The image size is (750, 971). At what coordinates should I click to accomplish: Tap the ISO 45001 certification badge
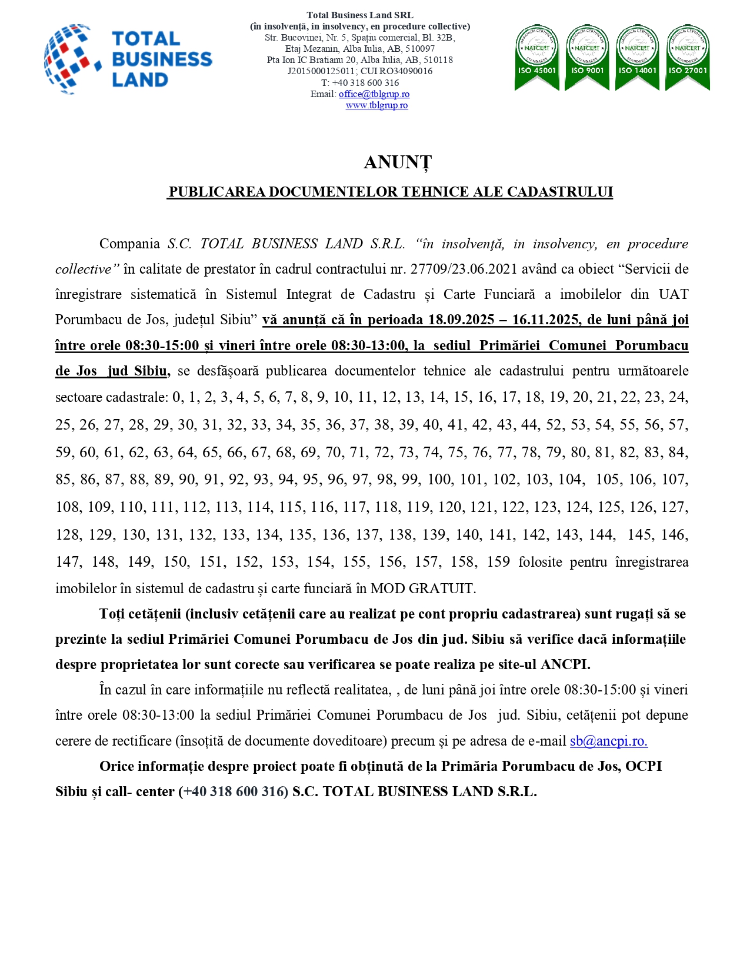click(x=536, y=58)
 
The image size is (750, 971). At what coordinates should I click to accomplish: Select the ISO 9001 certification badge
click(x=586, y=58)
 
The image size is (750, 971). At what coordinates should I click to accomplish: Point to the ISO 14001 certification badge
click(x=637, y=58)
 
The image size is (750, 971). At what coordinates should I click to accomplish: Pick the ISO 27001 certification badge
click(x=687, y=58)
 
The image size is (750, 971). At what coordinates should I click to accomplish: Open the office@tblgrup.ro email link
click(x=374, y=94)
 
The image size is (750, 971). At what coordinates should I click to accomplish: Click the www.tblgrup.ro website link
click(x=376, y=105)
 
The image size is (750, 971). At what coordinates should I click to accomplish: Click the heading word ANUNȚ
click(x=398, y=162)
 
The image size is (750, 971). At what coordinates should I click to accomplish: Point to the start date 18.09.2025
click(x=461, y=320)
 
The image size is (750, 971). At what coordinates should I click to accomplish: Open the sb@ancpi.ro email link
click(x=608, y=741)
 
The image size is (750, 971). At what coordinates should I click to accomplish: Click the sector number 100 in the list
click(x=439, y=480)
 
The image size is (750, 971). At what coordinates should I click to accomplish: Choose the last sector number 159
click(x=498, y=562)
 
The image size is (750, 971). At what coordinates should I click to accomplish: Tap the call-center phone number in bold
click(x=234, y=792)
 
